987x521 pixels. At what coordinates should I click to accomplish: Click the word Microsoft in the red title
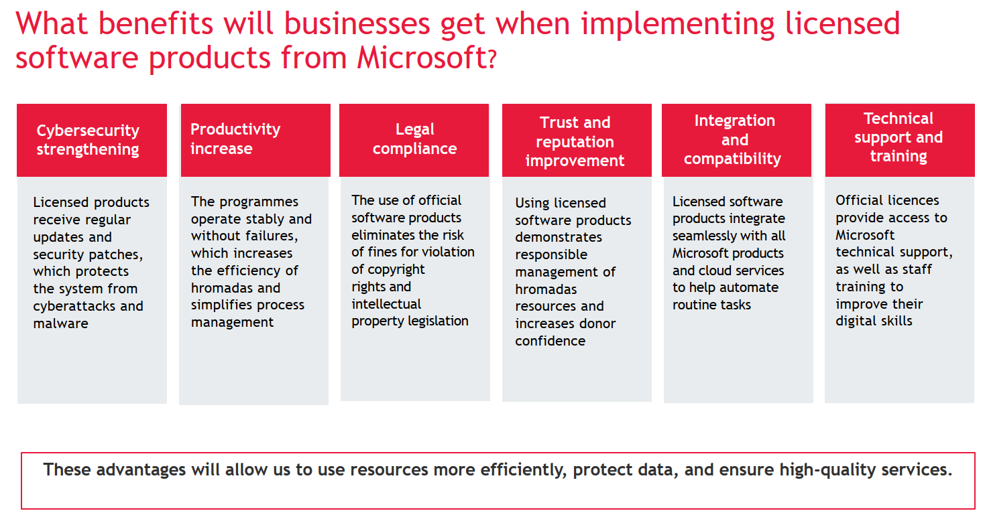coord(421,58)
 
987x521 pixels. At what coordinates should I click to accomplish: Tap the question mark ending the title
coord(491,60)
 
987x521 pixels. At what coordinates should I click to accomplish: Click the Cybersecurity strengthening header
coord(88,139)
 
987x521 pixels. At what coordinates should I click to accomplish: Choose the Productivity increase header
coord(235,139)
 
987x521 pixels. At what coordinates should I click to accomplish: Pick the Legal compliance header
coord(414,139)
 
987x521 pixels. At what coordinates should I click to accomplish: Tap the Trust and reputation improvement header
coord(575,141)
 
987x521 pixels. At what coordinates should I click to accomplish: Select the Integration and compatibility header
coord(733,139)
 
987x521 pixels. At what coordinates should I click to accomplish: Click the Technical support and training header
coord(898,137)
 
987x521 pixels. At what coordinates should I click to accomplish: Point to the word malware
coord(61,323)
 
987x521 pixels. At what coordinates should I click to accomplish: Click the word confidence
coord(550,341)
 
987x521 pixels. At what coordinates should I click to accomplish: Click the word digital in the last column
coord(854,321)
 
